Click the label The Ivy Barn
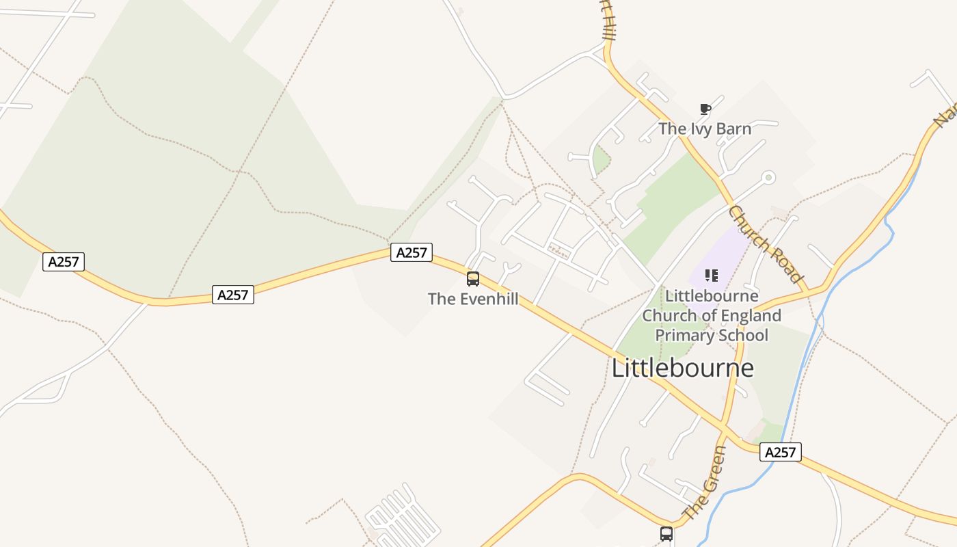coord(705,129)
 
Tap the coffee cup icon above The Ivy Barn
coord(705,109)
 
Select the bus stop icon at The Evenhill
coord(472,278)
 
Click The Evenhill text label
coord(473,299)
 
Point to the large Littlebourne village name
coord(682,368)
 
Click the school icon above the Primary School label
coord(711,276)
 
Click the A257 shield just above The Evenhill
coord(412,252)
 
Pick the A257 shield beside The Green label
coord(780,452)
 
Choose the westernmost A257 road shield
coord(64,261)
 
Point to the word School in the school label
coord(744,335)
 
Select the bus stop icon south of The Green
coord(666,533)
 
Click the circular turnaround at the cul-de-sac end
coord(768,178)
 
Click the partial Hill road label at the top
coord(608,24)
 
